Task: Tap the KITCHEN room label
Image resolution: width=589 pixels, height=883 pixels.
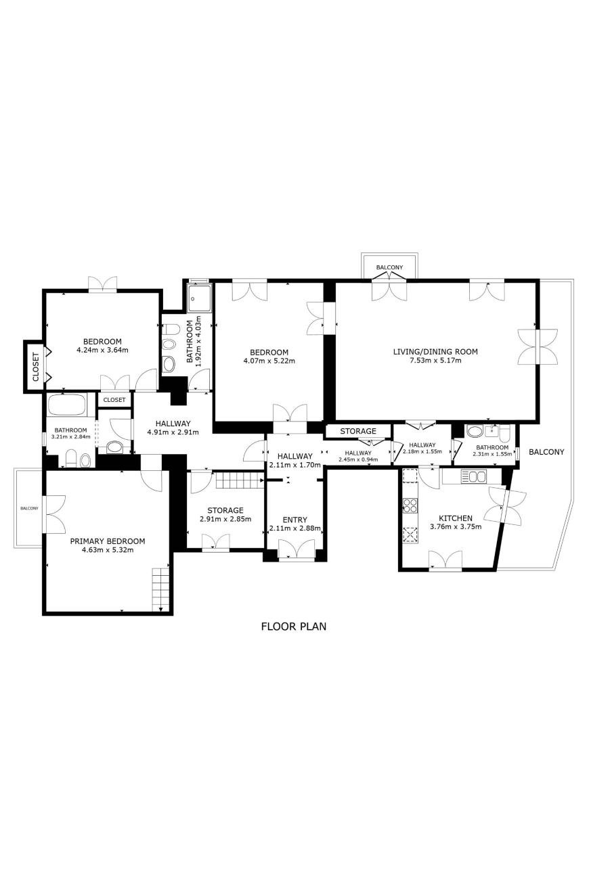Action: coord(456,518)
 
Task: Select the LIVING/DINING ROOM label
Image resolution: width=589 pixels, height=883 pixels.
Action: coord(435,352)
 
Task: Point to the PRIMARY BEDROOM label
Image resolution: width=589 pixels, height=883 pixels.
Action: coord(107,541)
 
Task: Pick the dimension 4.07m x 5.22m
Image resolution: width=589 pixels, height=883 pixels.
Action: coord(269,361)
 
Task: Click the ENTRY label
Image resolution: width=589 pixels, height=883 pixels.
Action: coord(294,520)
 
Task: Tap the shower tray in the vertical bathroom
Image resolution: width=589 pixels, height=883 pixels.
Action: coord(198,298)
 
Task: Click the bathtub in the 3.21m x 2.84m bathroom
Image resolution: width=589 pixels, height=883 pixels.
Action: coord(66,405)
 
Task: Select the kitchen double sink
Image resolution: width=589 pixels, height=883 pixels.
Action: coord(474,477)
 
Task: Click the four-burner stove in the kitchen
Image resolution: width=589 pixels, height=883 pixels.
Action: coord(410,505)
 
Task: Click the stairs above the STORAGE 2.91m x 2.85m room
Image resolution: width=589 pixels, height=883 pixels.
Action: coord(240,480)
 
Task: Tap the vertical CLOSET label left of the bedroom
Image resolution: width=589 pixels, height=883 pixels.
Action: coord(36,367)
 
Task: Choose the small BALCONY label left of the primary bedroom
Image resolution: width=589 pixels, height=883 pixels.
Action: coord(30,509)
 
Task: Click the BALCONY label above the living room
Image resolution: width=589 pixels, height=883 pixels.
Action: coord(389,267)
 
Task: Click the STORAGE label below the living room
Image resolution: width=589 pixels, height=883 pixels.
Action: coord(358,431)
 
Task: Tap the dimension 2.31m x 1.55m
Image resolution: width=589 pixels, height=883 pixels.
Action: coord(492,454)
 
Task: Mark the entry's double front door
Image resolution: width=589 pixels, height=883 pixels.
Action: coord(297,549)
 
